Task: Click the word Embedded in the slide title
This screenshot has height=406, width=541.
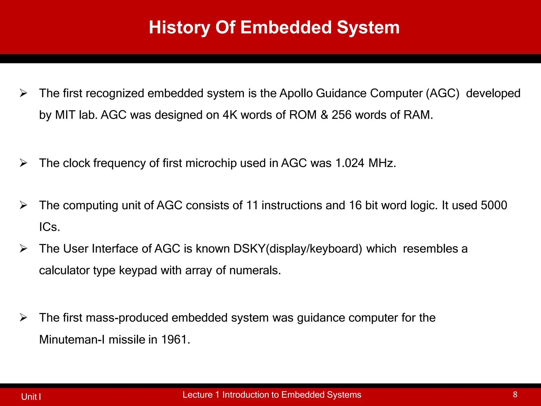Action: click(x=286, y=27)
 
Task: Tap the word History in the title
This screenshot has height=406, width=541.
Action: click(x=180, y=27)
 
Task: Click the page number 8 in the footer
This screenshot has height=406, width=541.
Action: click(x=515, y=394)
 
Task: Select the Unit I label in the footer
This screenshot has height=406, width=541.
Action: click(x=31, y=397)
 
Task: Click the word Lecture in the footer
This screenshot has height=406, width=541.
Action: click(x=197, y=395)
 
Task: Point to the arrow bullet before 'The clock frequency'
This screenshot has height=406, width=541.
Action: click(x=24, y=163)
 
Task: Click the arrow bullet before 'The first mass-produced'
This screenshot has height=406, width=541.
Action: click(x=24, y=318)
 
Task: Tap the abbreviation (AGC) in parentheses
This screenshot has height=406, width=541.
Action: click(x=442, y=93)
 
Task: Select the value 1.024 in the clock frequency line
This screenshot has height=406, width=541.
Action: click(x=350, y=163)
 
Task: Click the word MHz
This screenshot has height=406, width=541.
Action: click(x=382, y=163)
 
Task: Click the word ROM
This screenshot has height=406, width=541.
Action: click(x=303, y=115)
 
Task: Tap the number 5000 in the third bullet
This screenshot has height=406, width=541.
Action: click(x=494, y=205)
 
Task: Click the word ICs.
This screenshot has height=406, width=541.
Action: click(x=49, y=227)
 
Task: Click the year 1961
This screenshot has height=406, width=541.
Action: click(x=175, y=340)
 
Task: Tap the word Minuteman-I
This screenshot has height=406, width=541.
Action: click(x=72, y=340)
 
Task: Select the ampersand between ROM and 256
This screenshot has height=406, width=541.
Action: click(x=324, y=115)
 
